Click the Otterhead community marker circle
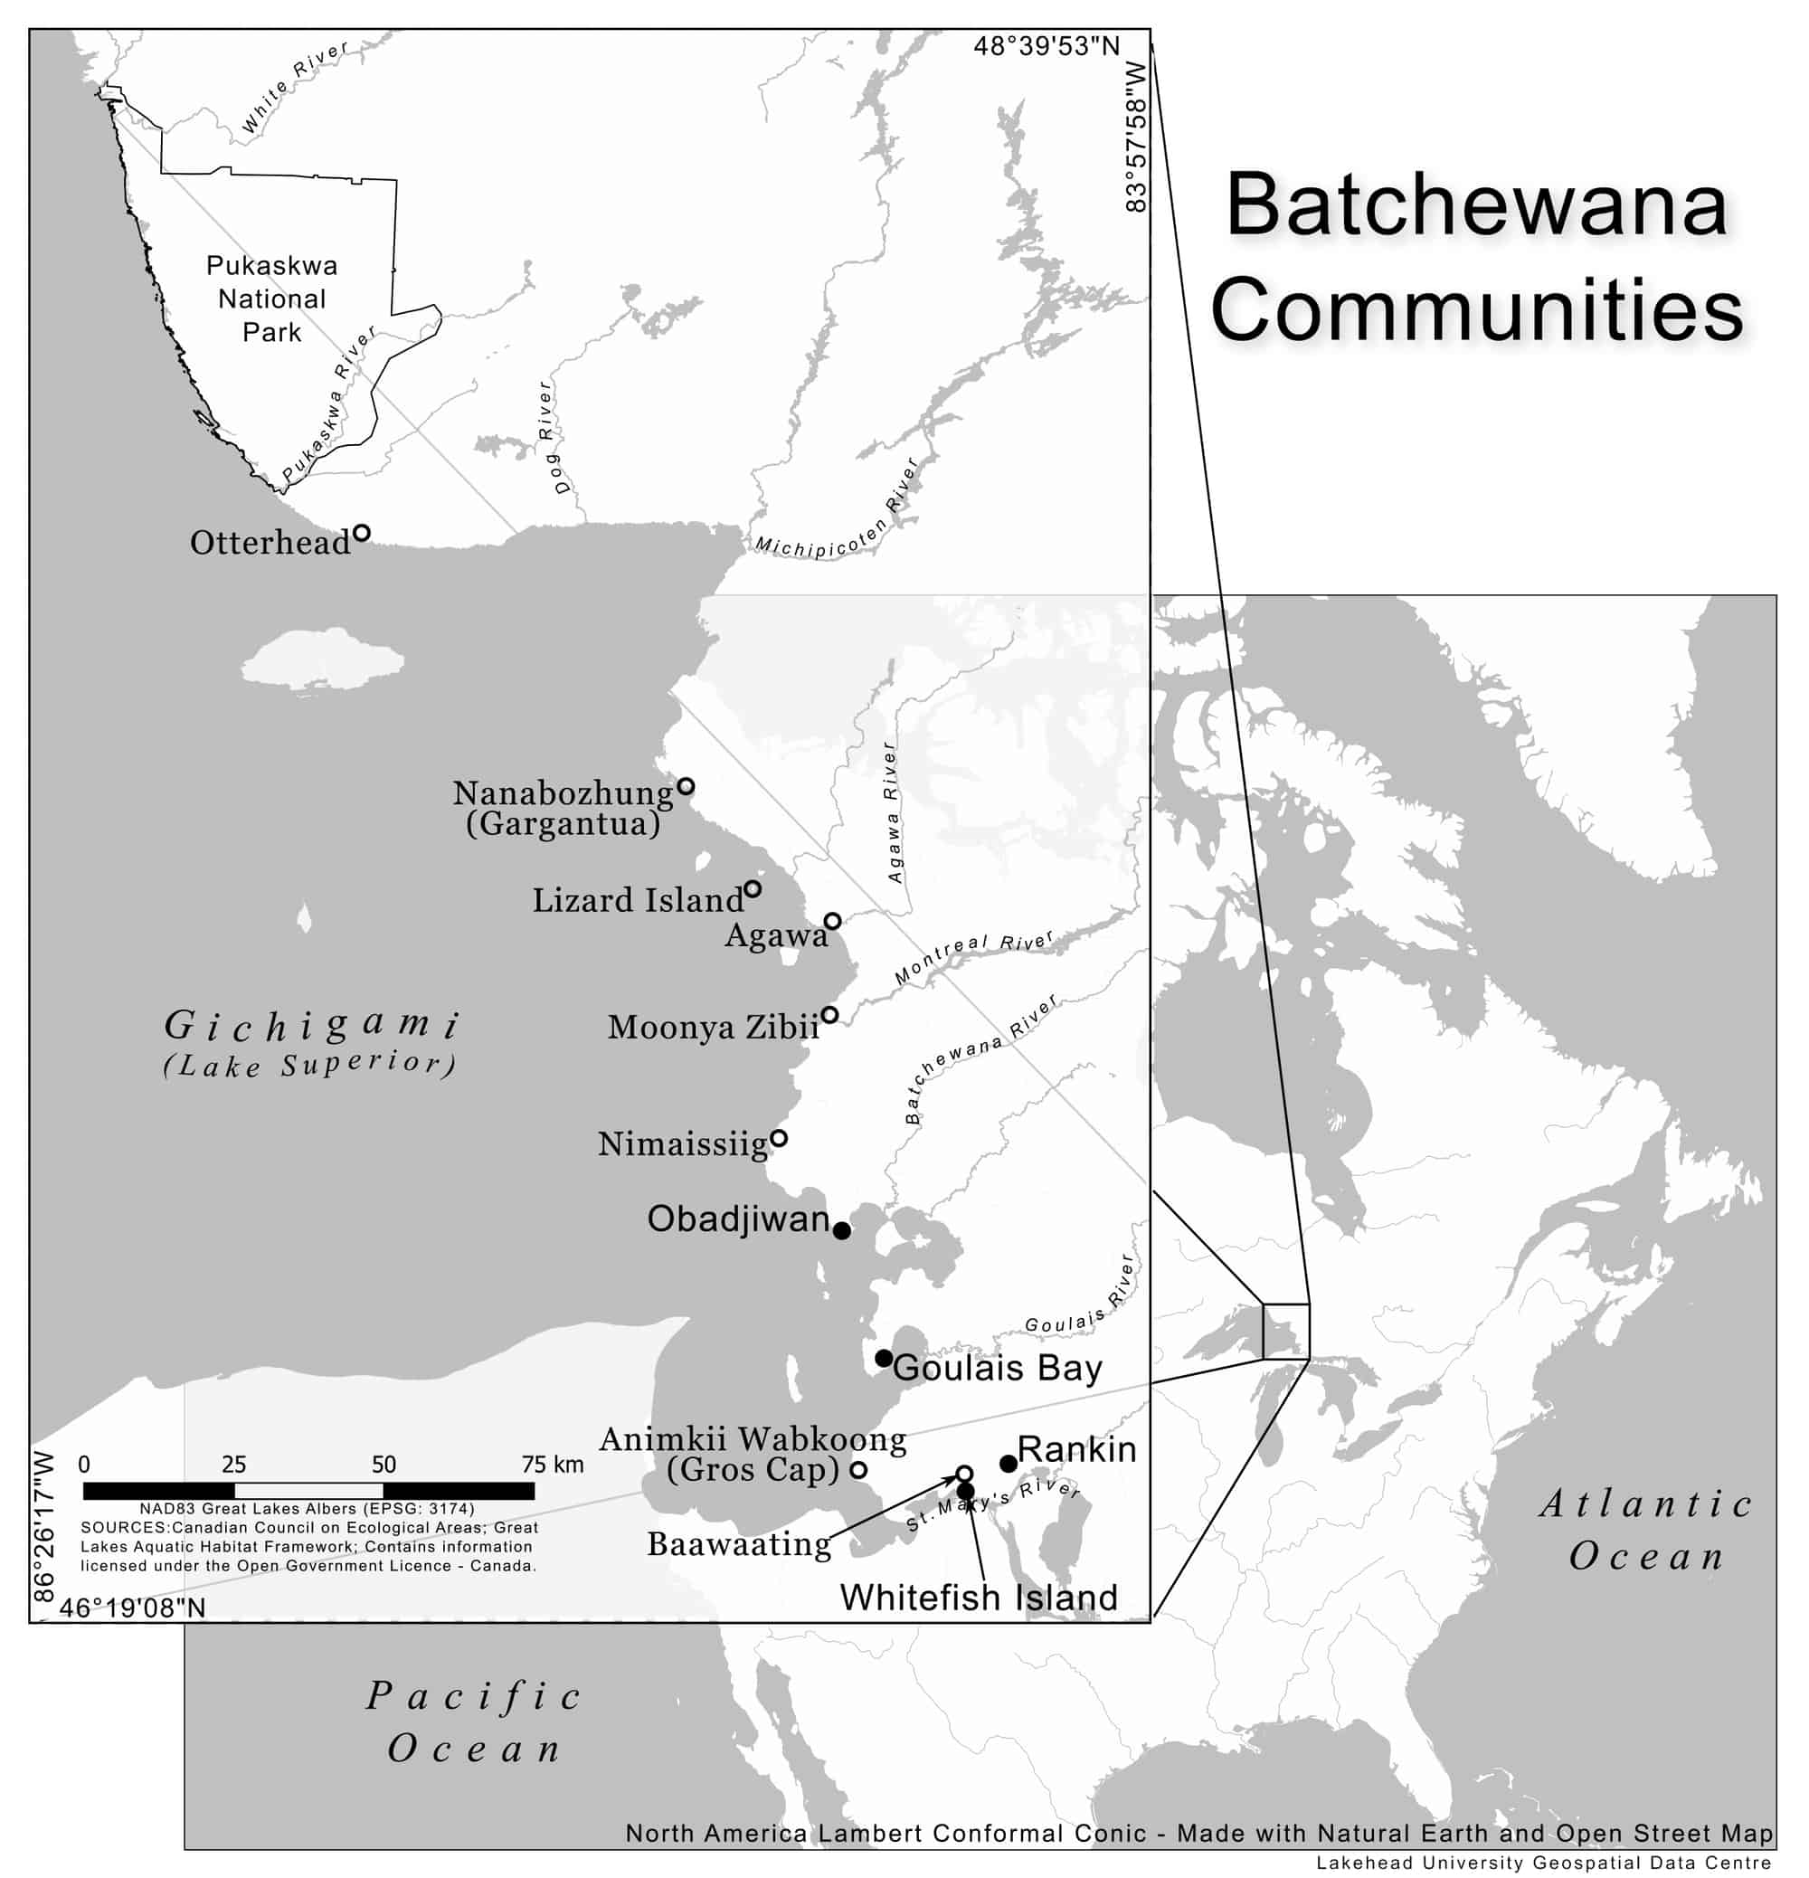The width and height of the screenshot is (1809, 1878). pos(361,533)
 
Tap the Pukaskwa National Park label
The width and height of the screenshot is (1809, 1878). pos(271,299)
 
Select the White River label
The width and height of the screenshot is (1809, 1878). pos(294,86)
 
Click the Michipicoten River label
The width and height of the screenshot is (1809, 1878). pos(836,518)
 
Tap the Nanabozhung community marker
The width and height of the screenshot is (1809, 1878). pos(686,787)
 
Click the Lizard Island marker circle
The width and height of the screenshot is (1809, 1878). pos(753,889)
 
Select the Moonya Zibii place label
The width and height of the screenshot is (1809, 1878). pos(713,1027)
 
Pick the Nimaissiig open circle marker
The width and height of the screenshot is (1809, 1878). pos(779,1138)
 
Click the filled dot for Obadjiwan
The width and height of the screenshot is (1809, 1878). pos(841,1231)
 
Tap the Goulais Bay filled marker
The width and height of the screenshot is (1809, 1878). pos(884,1359)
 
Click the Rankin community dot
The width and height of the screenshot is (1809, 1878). pos(1008,1463)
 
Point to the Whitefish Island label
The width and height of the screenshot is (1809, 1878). pos(979,1598)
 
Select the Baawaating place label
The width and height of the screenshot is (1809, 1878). pos(739,1543)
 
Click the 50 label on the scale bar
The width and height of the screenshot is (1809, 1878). pos(384,1464)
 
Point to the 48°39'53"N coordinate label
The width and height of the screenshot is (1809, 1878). pos(1047,46)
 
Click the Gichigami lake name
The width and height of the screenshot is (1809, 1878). pos(311,1025)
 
